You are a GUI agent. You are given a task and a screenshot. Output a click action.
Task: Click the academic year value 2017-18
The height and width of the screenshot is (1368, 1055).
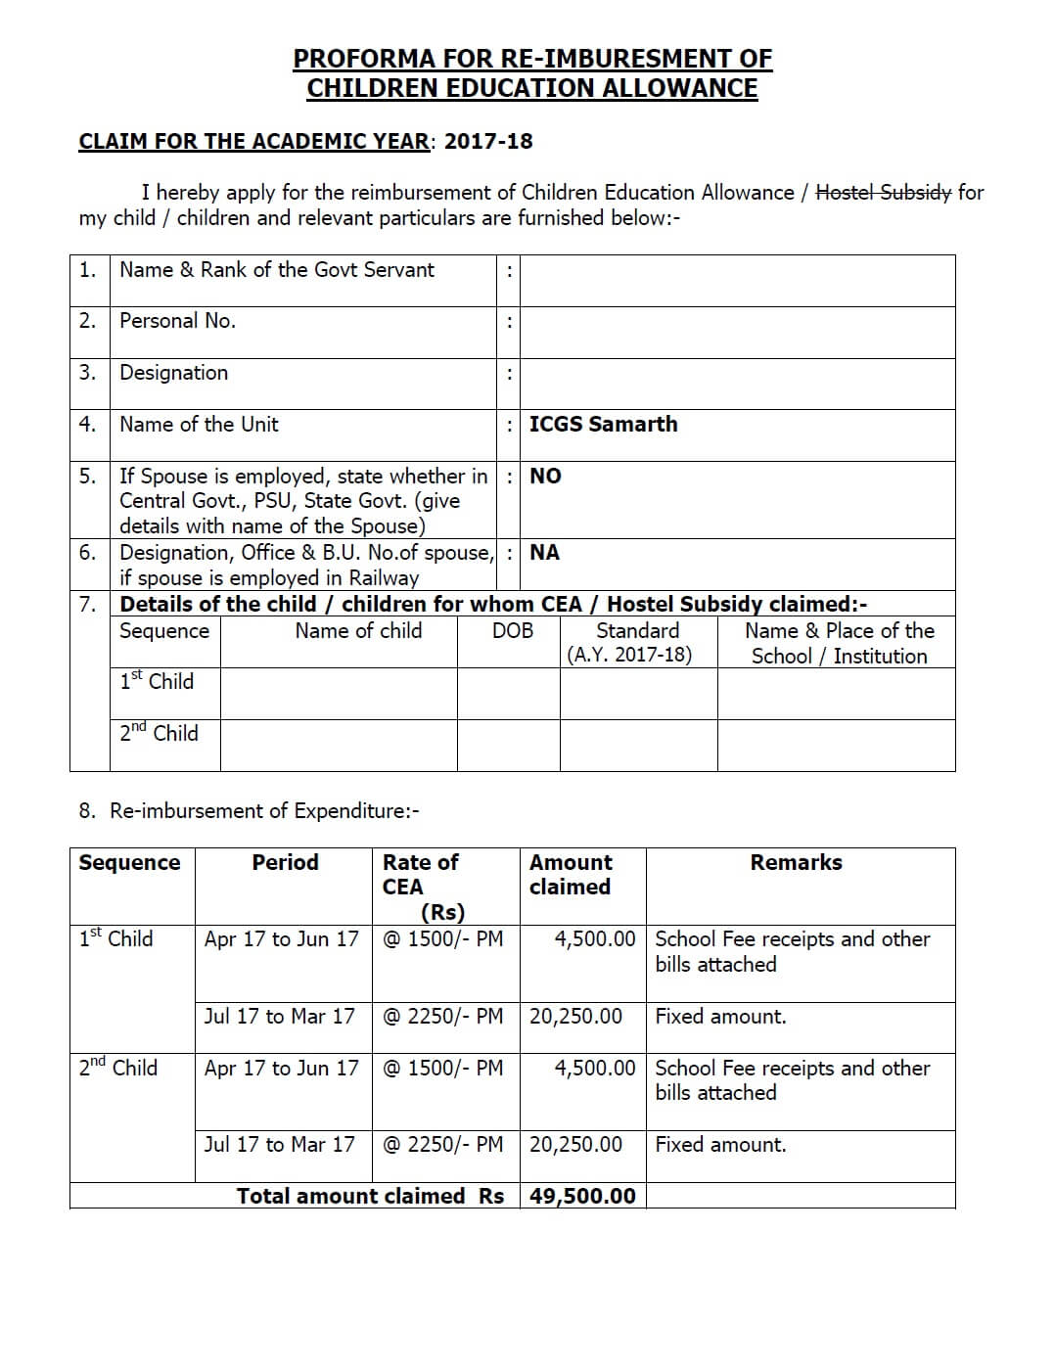(x=488, y=141)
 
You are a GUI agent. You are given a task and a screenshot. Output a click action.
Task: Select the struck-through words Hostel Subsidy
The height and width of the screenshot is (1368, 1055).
(x=883, y=192)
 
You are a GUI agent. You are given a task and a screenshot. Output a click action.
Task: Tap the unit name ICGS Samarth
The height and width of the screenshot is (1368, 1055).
(x=603, y=424)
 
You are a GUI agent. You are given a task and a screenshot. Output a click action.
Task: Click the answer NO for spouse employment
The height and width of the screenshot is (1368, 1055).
(x=545, y=476)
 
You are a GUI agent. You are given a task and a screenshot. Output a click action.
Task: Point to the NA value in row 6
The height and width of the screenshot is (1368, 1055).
(x=544, y=552)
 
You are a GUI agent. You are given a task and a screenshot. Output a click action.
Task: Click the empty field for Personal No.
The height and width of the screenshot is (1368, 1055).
(x=737, y=332)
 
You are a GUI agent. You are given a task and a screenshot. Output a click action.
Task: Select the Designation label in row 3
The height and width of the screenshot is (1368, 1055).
(x=173, y=373)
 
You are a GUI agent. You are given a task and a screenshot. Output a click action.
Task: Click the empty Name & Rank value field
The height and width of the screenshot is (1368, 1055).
(x=737, y=280)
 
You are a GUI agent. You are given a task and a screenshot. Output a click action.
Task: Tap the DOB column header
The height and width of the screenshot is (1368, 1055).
(x=513, y=631)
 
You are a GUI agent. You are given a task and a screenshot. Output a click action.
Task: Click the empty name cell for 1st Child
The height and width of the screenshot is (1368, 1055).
(x=339, y=694)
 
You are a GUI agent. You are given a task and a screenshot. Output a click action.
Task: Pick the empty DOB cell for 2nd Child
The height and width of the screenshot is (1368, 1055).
(x=508, y=745)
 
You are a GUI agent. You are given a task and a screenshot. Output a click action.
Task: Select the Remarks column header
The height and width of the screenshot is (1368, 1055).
(x=796, y=862)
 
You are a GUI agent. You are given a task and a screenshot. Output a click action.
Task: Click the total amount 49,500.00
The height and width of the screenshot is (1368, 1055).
(x=582, y=1196)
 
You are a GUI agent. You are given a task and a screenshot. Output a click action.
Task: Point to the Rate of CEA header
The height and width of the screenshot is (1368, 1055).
(x=421, y=875)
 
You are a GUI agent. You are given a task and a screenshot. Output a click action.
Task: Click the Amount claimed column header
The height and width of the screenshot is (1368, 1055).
(x=571, y=875)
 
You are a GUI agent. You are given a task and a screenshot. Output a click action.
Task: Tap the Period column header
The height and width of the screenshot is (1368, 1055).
(x=285, y=862)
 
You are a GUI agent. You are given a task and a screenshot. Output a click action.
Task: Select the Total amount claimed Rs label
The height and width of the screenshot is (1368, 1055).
(x=370, y=1196)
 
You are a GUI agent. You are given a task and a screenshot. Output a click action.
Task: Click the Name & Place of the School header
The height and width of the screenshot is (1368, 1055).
(x=839, y=643)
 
